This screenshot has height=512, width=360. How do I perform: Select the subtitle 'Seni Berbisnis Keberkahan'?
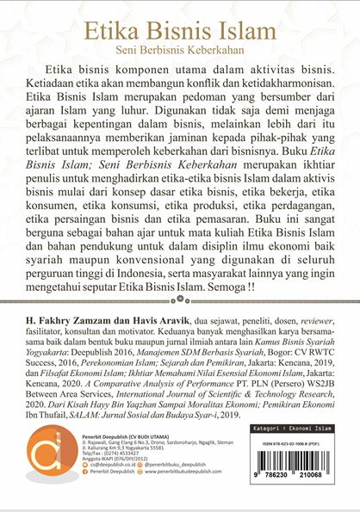click(x=180, y=50)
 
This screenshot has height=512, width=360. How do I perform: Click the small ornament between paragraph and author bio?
click(x=180, y=299)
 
